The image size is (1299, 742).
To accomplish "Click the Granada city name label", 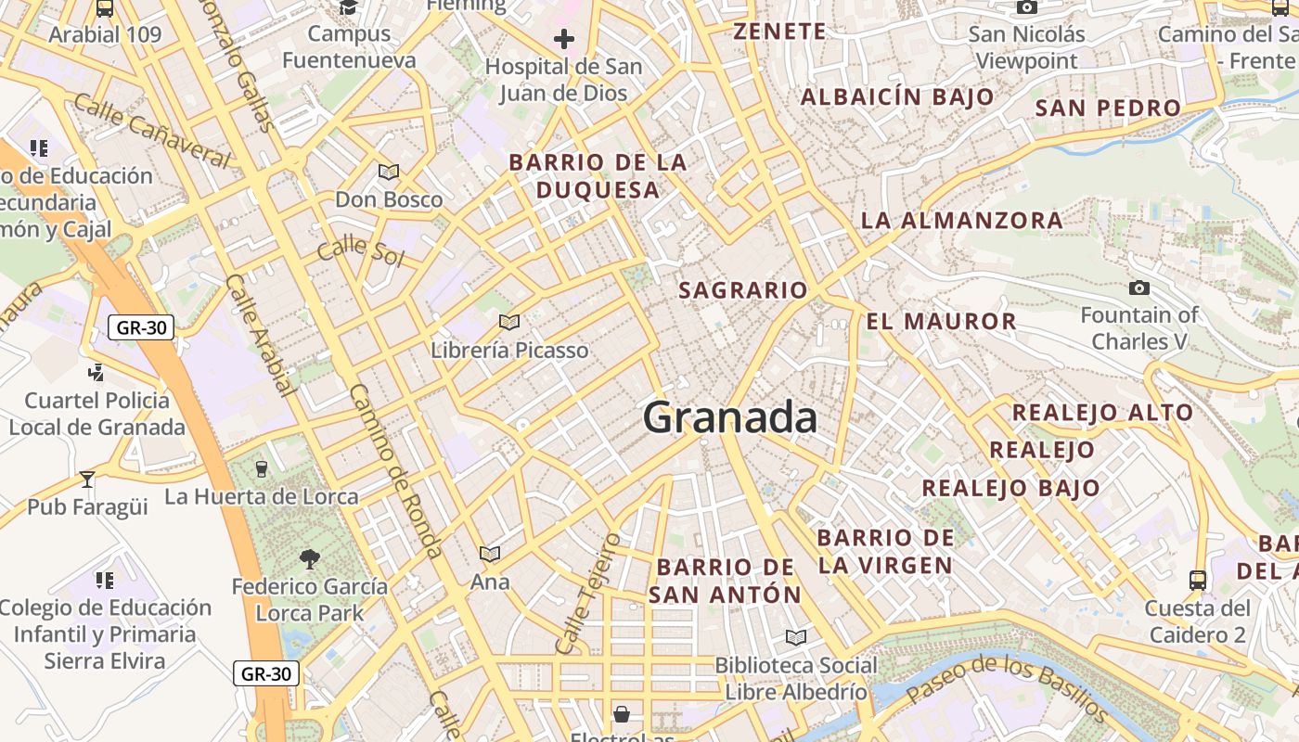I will pyautogui.click(x=730, y=417).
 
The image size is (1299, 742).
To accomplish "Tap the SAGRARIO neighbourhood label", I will pyautogui.click(x=743, y=290).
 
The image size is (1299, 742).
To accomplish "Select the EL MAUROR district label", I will pyautogui.click(x=941, y=322).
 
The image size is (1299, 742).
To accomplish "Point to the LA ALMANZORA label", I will pyautogui.click(x=962, y=221).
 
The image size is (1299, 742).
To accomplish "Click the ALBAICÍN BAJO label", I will pyautogui.click(x=897, y=96).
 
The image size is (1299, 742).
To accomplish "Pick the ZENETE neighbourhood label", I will pyautogui.click(x=779, y=32).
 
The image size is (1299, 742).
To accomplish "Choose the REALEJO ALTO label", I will pyautogui.click(x=1102, y=413).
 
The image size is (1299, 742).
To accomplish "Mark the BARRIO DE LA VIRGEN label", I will pyautogui.click(x=885, y=551).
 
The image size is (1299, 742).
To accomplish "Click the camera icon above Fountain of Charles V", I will pyautogui.click(x=1139, y=288).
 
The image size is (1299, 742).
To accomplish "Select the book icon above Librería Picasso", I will pyautogui.click(x=508, y=322).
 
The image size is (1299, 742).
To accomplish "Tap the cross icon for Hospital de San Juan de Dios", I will pyautogui.click(x=563, y=39).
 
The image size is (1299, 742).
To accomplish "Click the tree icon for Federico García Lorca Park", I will pyautogui.click(x=309, y=558).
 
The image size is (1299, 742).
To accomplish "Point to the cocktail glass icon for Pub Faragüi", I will pyautogui.click(x=87, y=479).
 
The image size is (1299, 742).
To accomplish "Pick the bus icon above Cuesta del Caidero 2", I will pyautogui.click(x=1198, y=581).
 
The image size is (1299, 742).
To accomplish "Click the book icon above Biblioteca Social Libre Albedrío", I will pyautogui.click(x=795, y=637).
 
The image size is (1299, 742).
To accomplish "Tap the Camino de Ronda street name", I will pyautogui.click(x=395, y=471).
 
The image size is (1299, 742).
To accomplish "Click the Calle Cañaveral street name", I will pyautogui.click(x=152, y=131).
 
